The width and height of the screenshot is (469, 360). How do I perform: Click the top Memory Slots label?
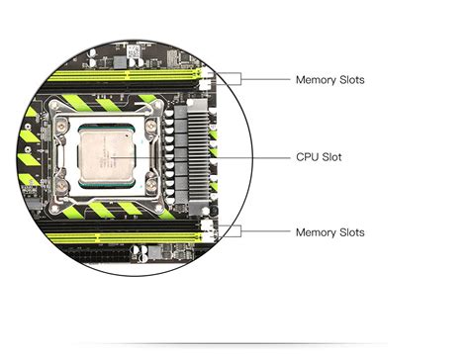329,79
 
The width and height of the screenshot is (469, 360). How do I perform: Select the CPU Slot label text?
319,156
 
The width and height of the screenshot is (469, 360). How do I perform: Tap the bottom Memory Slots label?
329,232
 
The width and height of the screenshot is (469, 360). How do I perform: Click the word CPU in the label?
307,156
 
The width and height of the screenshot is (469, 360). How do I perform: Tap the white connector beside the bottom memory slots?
208,231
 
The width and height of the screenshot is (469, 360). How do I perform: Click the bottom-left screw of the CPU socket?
60,184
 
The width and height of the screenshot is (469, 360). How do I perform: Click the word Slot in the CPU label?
331,156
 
